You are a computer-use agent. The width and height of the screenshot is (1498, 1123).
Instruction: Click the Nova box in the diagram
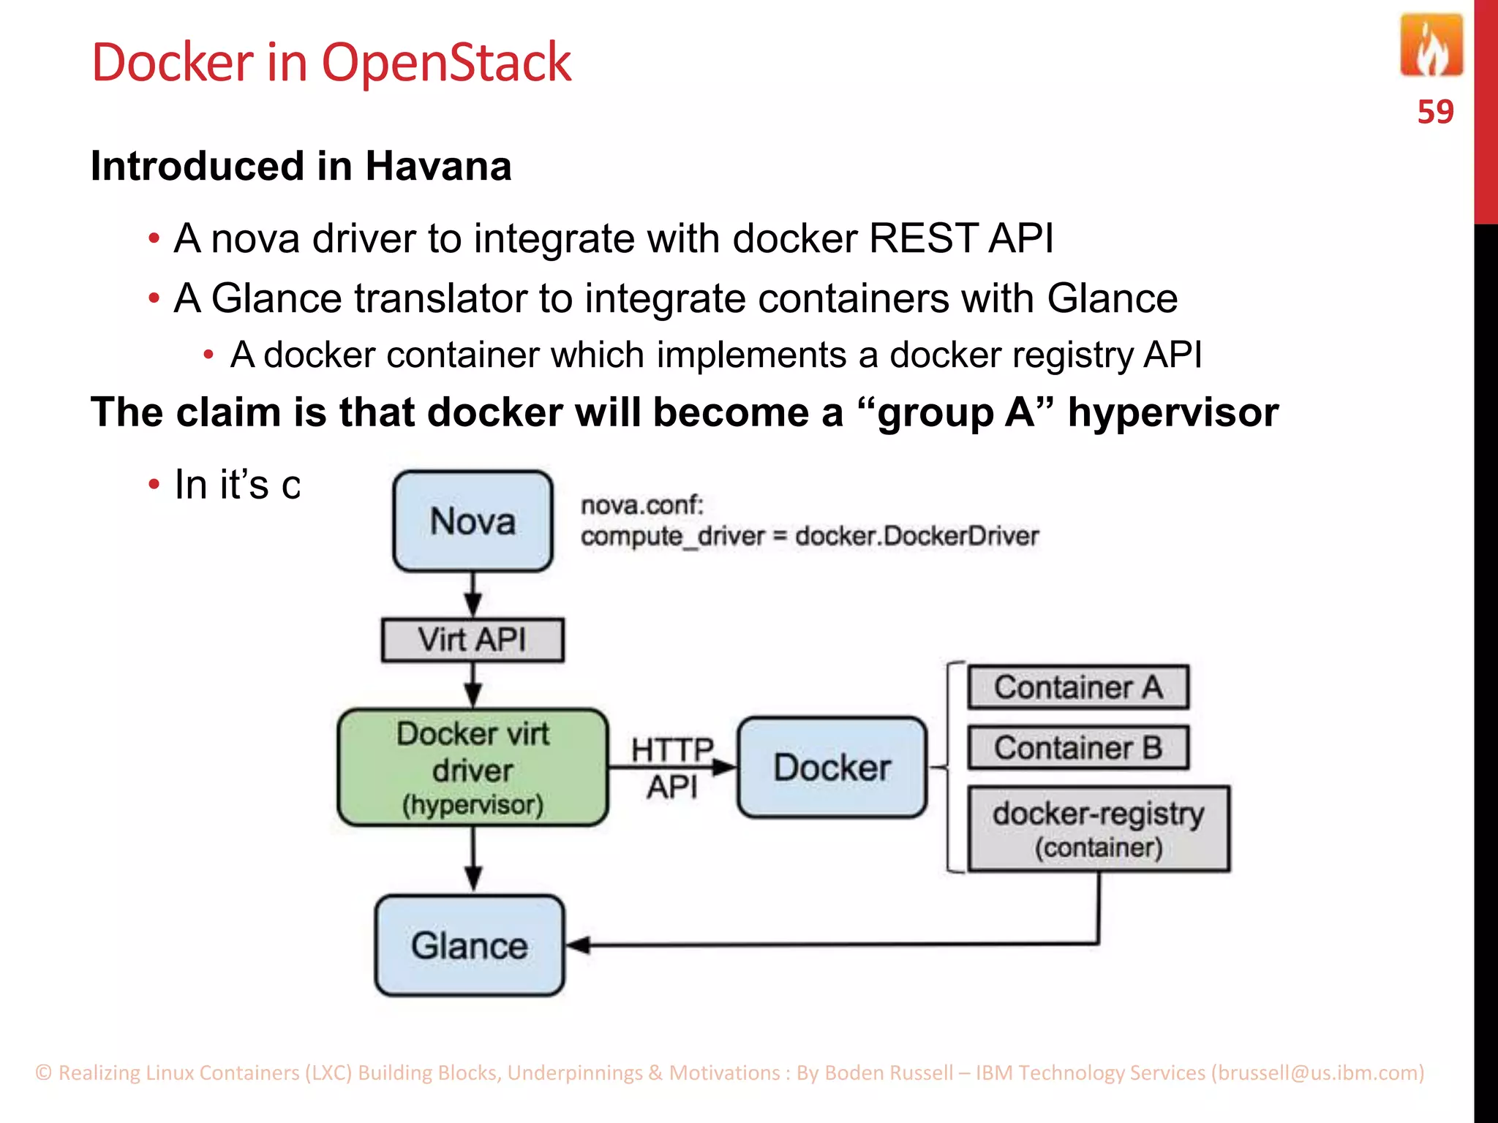click(x=473, y=521)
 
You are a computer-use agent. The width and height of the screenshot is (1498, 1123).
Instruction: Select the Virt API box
click(x=473, y=640)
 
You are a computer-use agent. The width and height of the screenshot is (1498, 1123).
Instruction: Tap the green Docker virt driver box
click(x=473, y=768)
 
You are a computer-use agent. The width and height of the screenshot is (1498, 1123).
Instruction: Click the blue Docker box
click(x=832, y=768)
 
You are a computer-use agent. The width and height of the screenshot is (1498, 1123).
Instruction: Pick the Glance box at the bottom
click(x=470, y=945)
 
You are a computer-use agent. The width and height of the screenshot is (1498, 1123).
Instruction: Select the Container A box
click(x=1078, y=687)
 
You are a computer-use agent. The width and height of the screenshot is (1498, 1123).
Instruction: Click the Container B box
click(x=1078, y=747)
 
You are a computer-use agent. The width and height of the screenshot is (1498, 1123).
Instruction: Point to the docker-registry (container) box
click(x=1099, y=829)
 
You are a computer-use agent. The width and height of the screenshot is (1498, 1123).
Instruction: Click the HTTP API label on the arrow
click(x=672, y=768)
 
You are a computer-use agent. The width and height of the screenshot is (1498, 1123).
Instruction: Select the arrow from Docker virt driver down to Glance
click(x=473, y=860)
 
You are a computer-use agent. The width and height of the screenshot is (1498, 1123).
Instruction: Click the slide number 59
click(x=1435, y=112)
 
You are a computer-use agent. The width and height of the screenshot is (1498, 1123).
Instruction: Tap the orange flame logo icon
click(x=1431, y=47)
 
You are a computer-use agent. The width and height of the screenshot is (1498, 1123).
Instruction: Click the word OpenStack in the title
click(x=446, y=63)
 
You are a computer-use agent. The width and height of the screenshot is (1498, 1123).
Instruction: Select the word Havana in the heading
click(x=438, y=166)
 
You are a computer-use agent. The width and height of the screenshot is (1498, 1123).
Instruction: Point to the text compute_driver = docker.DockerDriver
click(x=809, y=536)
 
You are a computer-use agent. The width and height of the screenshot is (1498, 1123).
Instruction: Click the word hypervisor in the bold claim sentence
click(x=1173, y=412)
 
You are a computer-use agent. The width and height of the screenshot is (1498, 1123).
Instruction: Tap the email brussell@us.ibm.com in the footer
click(x=1318, y=1073)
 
